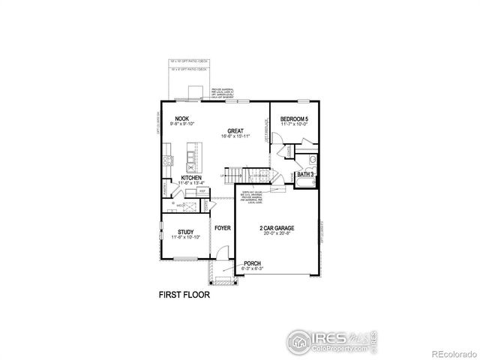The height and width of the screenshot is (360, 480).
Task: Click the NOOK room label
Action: click(x=181, y=119)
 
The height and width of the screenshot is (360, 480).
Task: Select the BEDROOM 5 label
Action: click(x=295, y=119)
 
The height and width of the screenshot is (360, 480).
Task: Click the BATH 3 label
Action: click(x=305, y=174)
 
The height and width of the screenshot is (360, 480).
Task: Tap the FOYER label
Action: click(x=223, y=227)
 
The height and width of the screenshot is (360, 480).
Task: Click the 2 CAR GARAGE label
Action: click(x=277, y=227)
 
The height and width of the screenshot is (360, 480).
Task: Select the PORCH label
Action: click(x=252, y=263)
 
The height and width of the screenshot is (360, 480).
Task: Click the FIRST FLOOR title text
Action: click(x=184, y=295)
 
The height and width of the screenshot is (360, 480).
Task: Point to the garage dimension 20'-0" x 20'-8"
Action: click(x=277, y=233)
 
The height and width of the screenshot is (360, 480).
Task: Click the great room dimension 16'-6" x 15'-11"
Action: click(x=235, y=136)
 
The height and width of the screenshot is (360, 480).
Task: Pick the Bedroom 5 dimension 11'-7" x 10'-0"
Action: click(x=295, y=125)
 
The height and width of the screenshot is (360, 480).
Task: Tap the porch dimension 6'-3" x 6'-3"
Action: click(x=252, y=268)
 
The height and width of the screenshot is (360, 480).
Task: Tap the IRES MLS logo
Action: click(x=330, y=340)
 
